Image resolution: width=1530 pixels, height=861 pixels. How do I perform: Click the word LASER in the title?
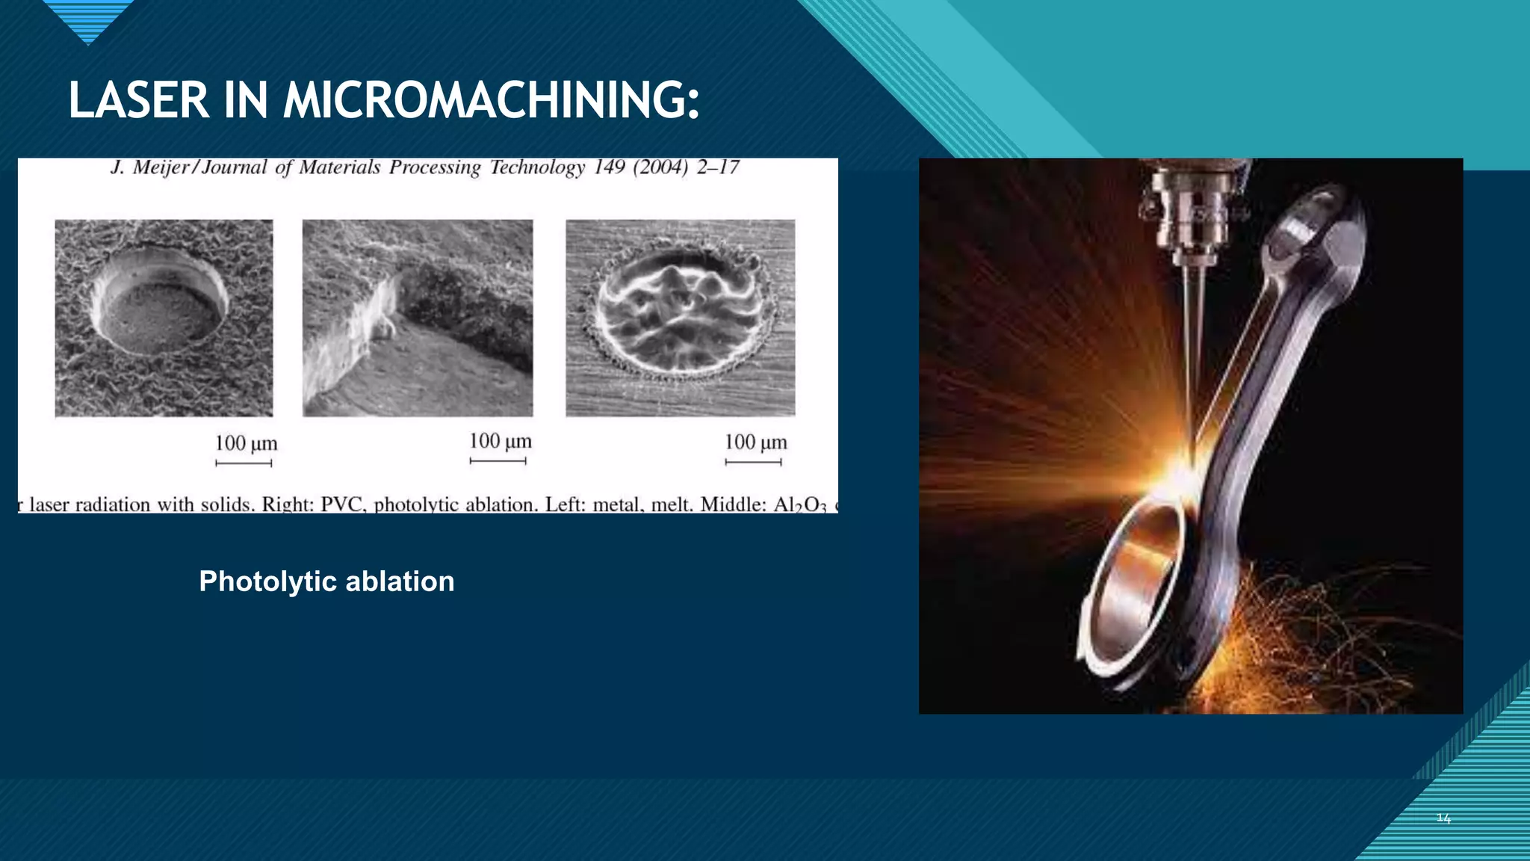(x=139, y=101)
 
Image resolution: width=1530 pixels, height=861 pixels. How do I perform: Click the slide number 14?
(x=1443, y=818)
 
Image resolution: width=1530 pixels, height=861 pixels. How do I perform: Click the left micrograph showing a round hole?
(x=164, y=318)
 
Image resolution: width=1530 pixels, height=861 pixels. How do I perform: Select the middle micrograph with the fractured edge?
(x=418, y=318)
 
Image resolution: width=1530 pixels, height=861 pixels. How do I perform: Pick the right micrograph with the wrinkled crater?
(x=680, y=318)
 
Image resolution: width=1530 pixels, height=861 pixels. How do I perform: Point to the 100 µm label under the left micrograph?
(x=246, y=443)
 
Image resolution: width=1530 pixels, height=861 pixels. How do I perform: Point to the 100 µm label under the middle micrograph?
(x=500, y=441)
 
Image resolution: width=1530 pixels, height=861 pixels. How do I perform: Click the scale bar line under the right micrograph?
(x=753, y=463)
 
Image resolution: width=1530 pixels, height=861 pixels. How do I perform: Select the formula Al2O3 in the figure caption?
(x=799, y=505)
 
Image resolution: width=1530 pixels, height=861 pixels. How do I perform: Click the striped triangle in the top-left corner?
(x=88, y=19)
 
